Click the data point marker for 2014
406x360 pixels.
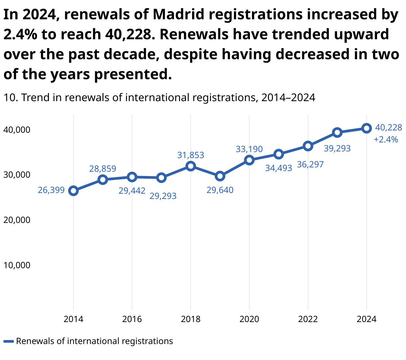[x=74, y=191]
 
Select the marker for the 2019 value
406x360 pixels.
[x=220, y=176]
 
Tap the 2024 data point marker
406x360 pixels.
[x=366, y=128]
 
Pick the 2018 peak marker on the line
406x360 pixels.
[x=191, y=166]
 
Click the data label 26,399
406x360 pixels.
[x=51, y=190]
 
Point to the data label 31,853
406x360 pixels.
[x=191, y=155]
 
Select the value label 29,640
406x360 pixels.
[x=220, y=190]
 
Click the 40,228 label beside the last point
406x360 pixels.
[x=389, y=127]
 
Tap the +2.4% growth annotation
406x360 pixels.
[x=386, y=139]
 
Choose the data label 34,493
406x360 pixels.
[x=279, y=168]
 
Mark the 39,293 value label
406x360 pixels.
[x=337, y=148]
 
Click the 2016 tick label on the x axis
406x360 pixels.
[x=132, y=319]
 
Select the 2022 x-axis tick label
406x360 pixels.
[x=308, y=319]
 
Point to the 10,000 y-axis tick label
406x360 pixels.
[x=17, y=265]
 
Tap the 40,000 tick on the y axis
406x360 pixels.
[x=17, y=130]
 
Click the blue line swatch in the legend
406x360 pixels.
[x=9, y=341]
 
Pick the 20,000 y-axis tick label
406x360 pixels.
[x=17, y=220]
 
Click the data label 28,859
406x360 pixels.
[x=103, y=169]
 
